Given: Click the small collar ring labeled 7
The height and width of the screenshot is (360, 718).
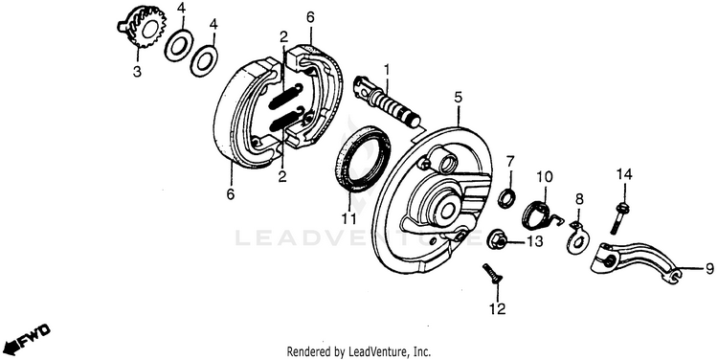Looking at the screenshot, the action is pos(506,197).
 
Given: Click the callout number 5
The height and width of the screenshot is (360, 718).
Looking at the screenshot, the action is pos(458,98).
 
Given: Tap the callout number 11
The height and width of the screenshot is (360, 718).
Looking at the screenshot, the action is pos(348,218).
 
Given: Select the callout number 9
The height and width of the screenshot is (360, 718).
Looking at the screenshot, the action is pos(708,268).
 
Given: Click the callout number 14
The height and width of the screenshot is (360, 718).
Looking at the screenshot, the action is pos(623,174).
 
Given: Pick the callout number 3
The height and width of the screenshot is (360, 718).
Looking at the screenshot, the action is pos(137,72).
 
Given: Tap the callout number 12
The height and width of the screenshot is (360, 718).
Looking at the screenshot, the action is pos(497,309).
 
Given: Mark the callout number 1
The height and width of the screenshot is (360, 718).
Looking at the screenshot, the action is pos(387,70).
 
